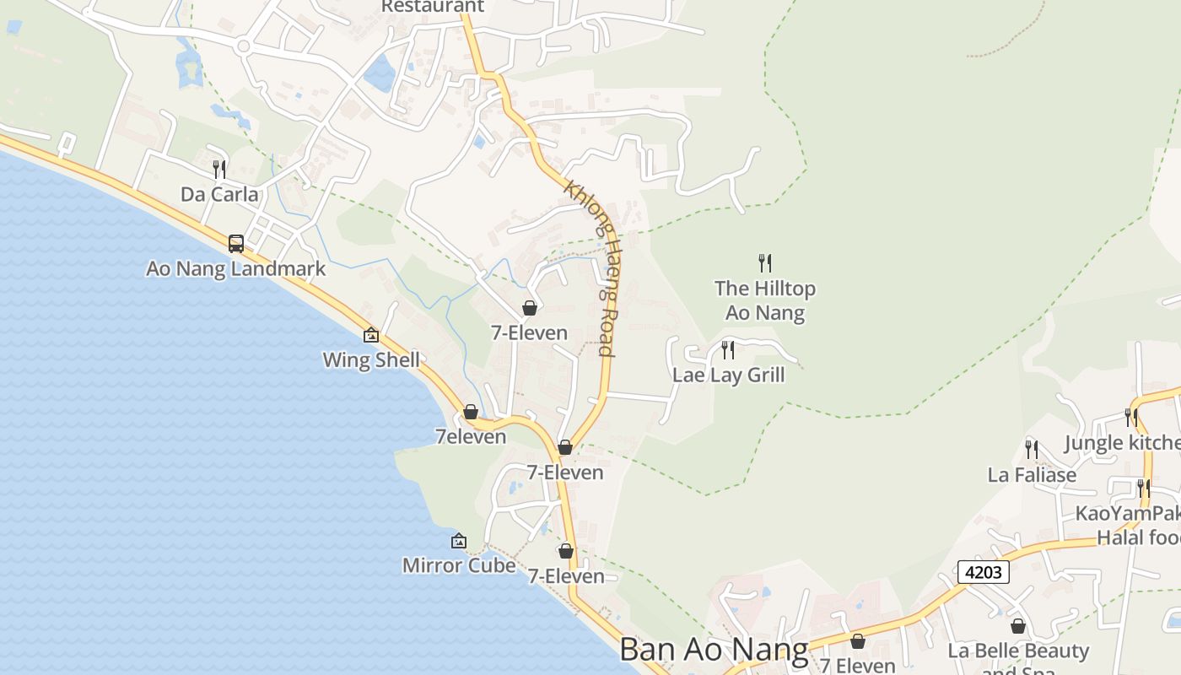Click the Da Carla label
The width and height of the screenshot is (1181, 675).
click(219, 195)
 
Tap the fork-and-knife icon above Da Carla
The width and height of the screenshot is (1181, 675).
click(219, 170)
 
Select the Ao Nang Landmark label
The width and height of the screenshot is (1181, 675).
click(235, 269)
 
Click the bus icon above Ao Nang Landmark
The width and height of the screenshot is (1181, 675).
click(236, 244)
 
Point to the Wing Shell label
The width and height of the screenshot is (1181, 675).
click(371, 360)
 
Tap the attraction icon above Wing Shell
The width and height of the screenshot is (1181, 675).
click(371, 335)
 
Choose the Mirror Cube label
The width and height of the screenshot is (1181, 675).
click(459, 565)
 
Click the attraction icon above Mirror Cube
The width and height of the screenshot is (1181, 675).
click(459, 541)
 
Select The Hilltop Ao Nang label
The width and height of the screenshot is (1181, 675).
click(765, 300)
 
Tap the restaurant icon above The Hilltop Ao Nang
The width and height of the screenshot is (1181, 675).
click(765, 263)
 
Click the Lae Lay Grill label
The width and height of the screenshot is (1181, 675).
click(728, 375)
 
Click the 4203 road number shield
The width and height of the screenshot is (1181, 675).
click(984, 572)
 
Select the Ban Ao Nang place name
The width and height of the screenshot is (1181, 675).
click(714, 650)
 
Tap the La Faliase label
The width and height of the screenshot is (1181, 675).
click(1032, 475)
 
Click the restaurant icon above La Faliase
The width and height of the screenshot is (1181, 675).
click(1032, 449)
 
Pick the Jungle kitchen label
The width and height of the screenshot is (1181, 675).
click(1122, 443)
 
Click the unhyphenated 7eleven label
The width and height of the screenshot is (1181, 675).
click(471, 437)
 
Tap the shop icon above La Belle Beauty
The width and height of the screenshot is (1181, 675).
click(1018, 626)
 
